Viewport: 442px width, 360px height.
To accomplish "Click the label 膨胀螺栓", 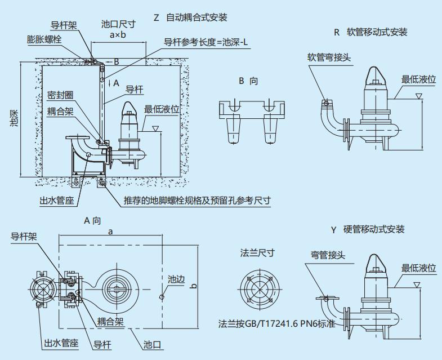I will click(x=44, y=39).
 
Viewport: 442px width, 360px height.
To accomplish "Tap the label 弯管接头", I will click(x=328, y=255).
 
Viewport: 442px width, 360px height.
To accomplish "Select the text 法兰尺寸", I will click(x=257, y=253).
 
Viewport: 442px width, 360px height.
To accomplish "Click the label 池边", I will click(x=176, y=279).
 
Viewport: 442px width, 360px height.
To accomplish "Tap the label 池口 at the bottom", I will click(x=153, y=344).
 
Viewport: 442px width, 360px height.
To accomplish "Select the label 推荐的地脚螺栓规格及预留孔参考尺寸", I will click(x=197, y=200).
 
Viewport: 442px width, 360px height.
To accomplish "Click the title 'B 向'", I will click(x=248, y=81).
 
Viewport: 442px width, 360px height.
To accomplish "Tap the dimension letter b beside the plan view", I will click(x=194, y=286).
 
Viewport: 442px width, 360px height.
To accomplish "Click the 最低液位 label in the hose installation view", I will click(x=418, y=79).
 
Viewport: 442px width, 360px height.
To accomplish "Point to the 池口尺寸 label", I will click(x=118, y=24).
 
